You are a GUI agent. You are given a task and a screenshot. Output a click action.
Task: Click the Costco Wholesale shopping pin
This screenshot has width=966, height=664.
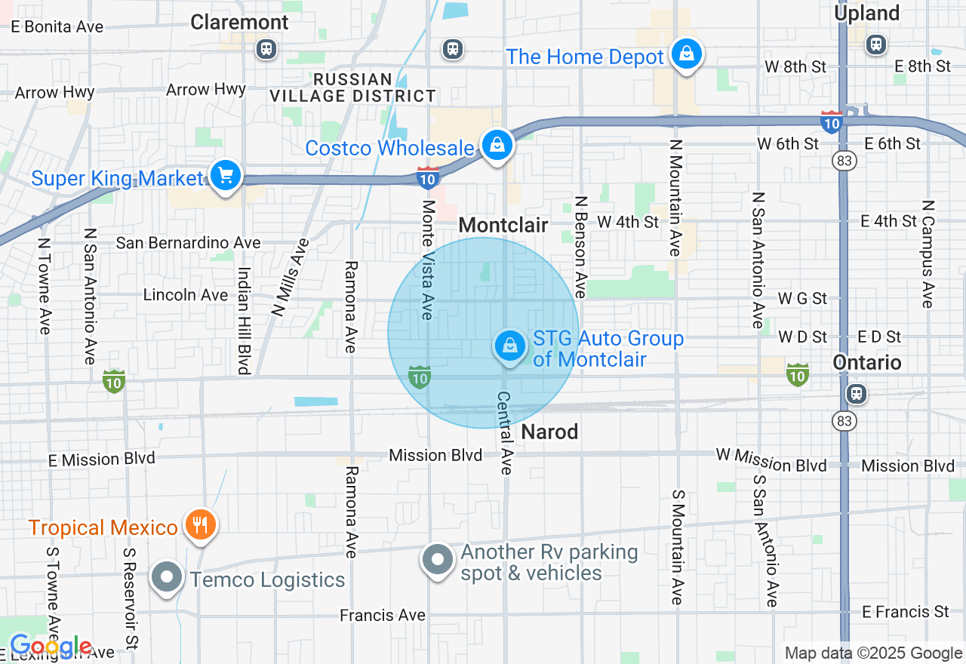click(x=497, y=145)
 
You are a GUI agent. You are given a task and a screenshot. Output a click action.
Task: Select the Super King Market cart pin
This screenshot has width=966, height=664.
click(x=225, y=176)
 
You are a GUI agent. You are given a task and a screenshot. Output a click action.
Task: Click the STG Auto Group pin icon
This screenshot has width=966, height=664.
click(x=510, y=346)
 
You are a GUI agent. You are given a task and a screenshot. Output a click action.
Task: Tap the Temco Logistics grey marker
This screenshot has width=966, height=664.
click(x=167, y=578)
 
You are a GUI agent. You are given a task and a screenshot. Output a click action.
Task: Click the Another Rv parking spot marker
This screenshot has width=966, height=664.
click(x=437, y=560)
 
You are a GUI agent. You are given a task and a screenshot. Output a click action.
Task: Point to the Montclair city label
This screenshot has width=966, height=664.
click(x=503, y=225)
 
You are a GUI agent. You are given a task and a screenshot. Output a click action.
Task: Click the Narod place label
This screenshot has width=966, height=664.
click(x=549, y=432)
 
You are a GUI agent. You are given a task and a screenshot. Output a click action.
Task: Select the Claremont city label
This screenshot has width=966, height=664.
click(x=239, y=22)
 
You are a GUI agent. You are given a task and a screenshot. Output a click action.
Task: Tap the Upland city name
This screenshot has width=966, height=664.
click(x=866, y=13)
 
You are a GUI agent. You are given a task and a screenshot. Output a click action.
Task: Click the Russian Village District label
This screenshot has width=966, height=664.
click(x=353, y=88)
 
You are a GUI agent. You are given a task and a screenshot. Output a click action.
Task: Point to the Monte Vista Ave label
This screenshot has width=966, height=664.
click(x=428, y=260)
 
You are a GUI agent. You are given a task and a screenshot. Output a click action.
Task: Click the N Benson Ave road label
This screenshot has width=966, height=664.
click(x=580, y=247)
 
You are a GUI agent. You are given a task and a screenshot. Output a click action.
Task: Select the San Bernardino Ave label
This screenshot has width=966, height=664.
click(x=188, y=243)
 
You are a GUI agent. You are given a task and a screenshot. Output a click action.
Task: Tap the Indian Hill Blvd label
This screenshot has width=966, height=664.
click(x=243, y=320)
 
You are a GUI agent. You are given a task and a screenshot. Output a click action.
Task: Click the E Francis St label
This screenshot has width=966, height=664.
click(x=905, y=611)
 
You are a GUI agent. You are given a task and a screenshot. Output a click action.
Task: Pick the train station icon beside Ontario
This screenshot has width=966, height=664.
click(x=856, y=393)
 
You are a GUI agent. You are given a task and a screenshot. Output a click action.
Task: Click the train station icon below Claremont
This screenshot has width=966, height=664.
click(x=266, y=50)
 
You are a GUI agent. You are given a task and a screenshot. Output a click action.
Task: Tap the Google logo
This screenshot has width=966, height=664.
click(x=51, y=647)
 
